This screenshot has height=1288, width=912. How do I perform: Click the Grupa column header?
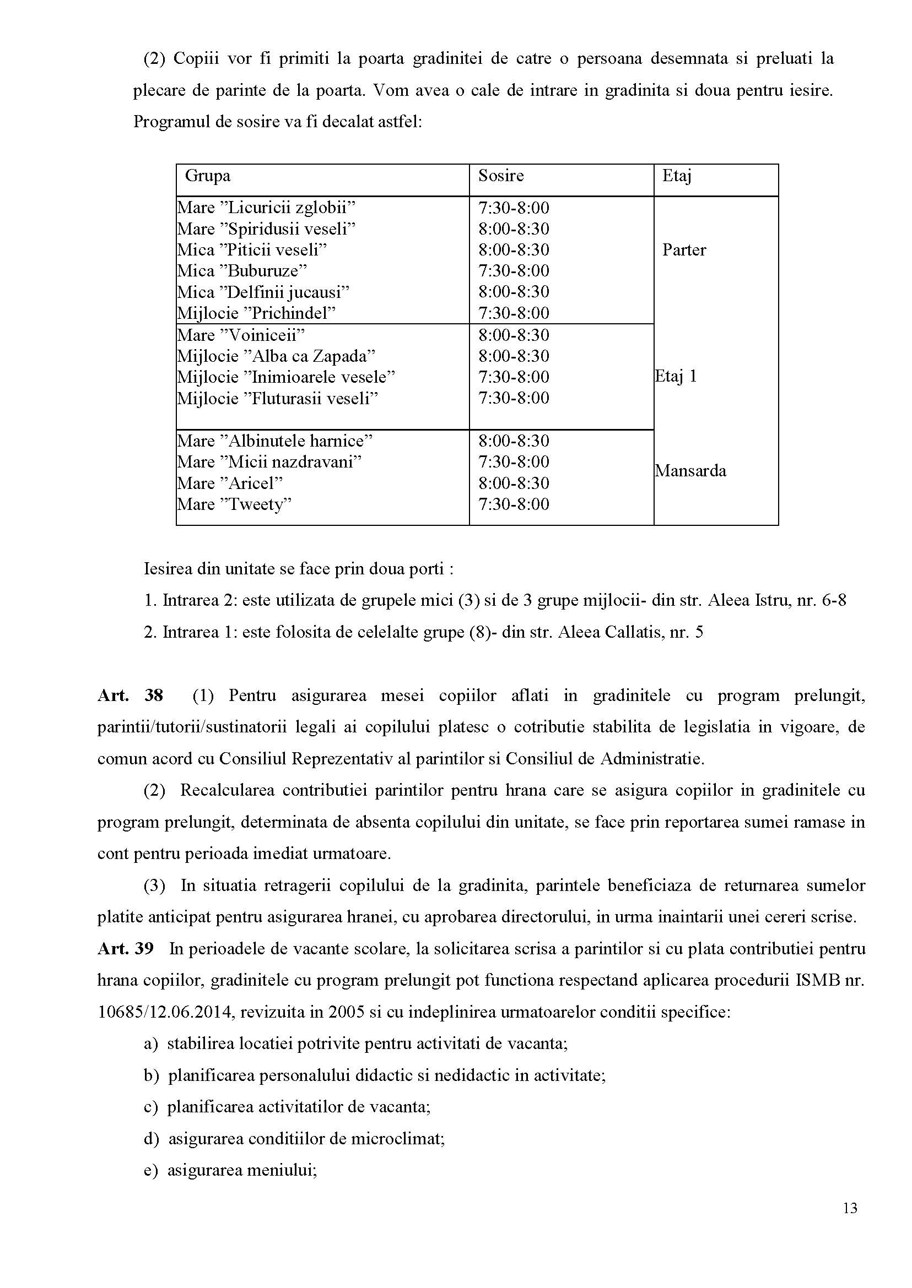pos(207,176)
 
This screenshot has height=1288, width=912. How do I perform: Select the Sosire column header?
pos(501,176)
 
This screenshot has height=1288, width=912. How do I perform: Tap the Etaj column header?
pos(676,176)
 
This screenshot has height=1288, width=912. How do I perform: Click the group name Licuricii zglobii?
pos(267,208)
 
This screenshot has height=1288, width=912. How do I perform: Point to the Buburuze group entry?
pos(242,271)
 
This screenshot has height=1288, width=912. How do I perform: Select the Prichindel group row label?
pos(256,313)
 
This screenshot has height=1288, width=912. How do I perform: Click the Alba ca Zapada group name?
pos(276,356)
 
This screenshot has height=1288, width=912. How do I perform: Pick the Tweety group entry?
pos(234,504)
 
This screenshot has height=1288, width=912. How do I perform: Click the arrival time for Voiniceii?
pos(513,335)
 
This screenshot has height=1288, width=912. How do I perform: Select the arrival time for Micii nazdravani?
pos(513,462)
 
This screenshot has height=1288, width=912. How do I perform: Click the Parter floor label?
pos(684,251)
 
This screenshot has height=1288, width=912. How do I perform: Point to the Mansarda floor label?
pos(690,470)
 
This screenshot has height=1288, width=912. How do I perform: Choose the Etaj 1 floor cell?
pos(676,376)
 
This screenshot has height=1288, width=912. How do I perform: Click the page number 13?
pos(850,1208)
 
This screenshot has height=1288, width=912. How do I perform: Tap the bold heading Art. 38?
pos(130,696)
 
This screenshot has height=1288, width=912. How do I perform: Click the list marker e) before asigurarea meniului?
pos(150,1171)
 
